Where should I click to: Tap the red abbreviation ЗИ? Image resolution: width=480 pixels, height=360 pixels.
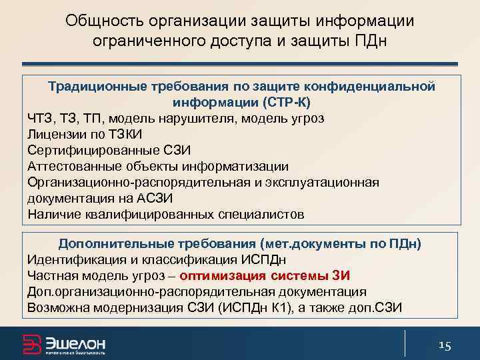(x=341, y=275)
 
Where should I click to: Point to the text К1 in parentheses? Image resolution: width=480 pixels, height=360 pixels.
(x=286, y=307)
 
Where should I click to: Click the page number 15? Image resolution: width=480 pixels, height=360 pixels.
(x=445, y=345)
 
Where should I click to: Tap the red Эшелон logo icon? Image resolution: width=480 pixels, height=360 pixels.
(x=31, y=343)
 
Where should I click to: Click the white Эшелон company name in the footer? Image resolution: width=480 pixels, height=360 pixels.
(x=75, y=342)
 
